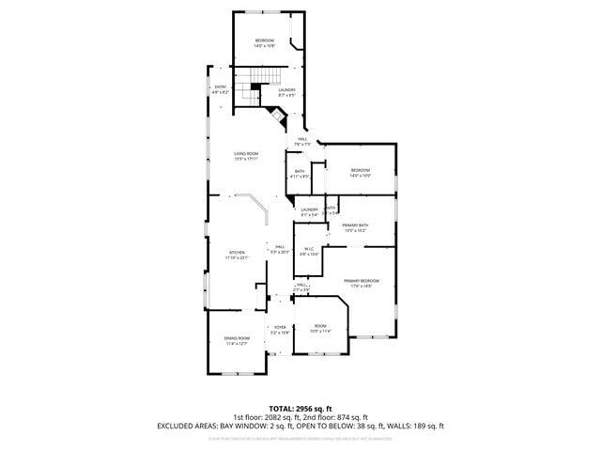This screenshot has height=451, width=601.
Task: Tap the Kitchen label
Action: coord(237,255)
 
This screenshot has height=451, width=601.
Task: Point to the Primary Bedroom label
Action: coord(361,283)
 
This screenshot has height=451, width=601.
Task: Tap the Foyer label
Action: coord(280,329)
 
